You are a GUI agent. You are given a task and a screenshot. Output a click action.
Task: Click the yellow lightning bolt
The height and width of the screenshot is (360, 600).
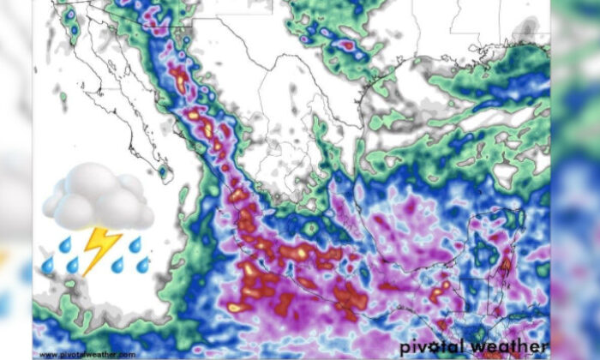pyautogui.click(x=100, y=248)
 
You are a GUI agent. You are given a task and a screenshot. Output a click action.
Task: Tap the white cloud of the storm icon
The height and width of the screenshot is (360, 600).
pyautogui.click(x=97, y=195)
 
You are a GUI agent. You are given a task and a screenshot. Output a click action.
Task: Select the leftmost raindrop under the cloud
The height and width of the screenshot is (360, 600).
pyautogui.click(x=48, y=266)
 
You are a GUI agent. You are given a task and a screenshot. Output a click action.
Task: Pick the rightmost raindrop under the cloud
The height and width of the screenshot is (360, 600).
pyautogui.click(x=143, y=263)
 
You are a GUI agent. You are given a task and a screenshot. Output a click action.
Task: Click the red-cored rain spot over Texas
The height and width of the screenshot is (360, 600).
pyautogui.click(x=347, y=44)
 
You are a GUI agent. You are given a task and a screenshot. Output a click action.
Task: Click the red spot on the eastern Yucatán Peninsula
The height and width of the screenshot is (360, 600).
pyautogui.click(x=505, y=265)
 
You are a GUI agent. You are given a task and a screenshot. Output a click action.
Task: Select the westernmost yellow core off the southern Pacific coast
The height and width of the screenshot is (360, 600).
pyautogui.click(x=233, y=307)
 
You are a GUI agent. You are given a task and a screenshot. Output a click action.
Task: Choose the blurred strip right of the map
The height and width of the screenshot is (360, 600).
pyautogui.click(x=575, y=180)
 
